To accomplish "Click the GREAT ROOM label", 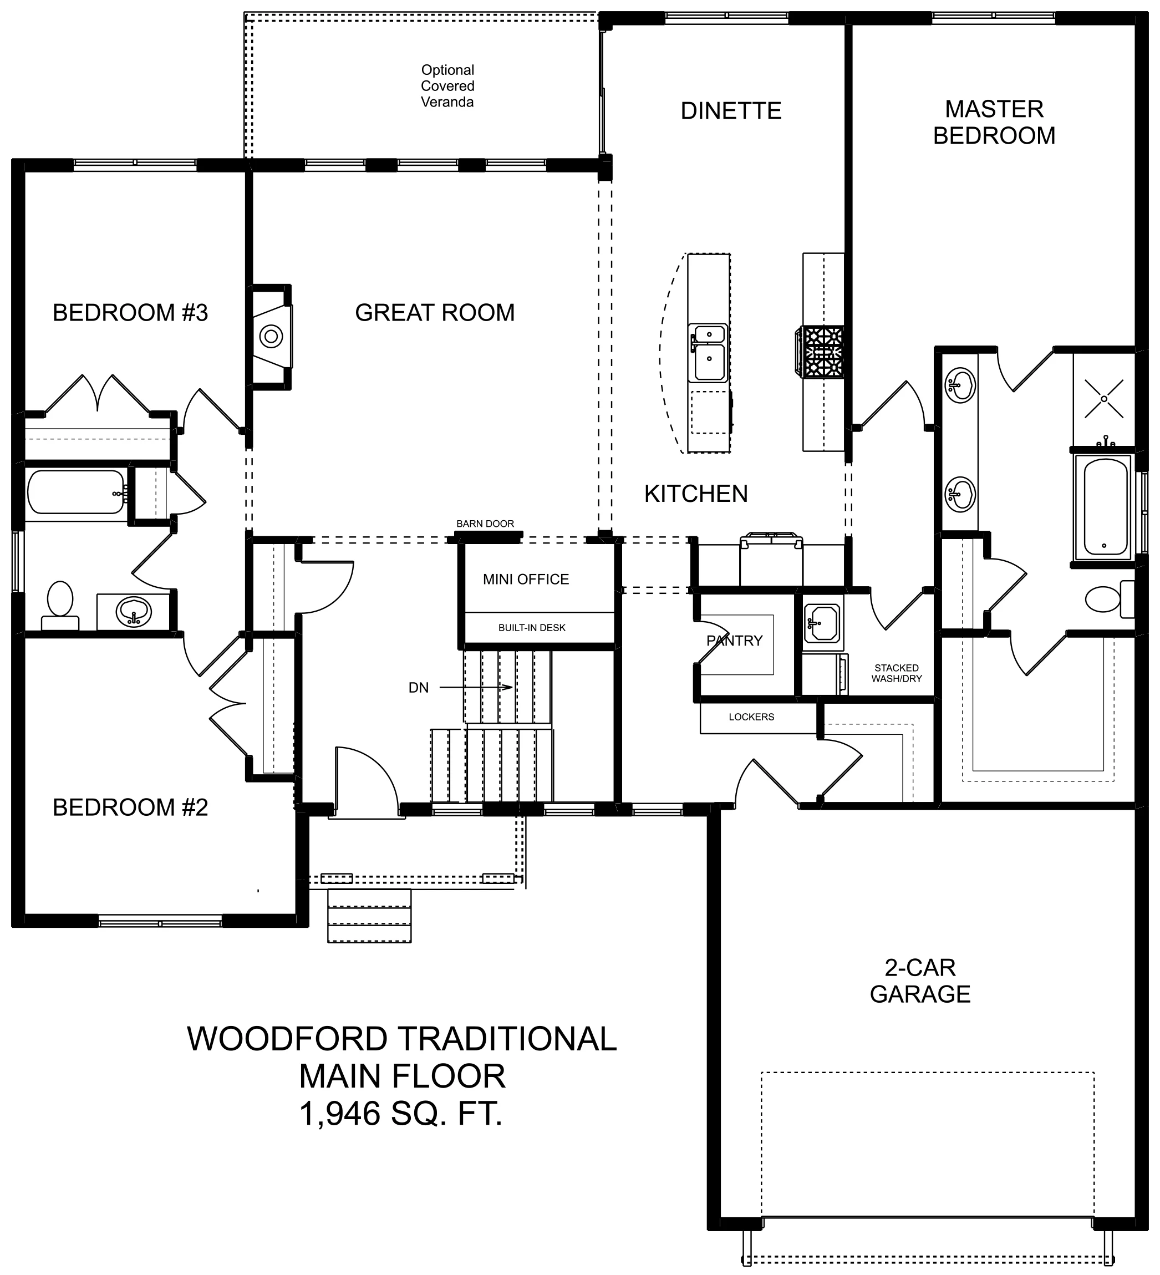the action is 435,312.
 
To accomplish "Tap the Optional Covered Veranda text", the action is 448,86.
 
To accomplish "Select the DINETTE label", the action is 731,111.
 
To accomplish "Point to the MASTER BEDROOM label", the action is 994,123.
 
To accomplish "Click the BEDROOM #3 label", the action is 130,312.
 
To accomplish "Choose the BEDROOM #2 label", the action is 130,807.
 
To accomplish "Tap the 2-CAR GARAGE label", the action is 920,981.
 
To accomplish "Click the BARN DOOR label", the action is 485,524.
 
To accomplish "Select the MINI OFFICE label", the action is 526,580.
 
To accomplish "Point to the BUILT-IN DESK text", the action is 532,628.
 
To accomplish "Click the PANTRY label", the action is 734,641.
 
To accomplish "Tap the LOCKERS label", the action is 751,717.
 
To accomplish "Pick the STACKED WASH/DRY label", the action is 897,673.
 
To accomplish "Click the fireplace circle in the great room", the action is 271,337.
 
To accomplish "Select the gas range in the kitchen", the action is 820,352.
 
